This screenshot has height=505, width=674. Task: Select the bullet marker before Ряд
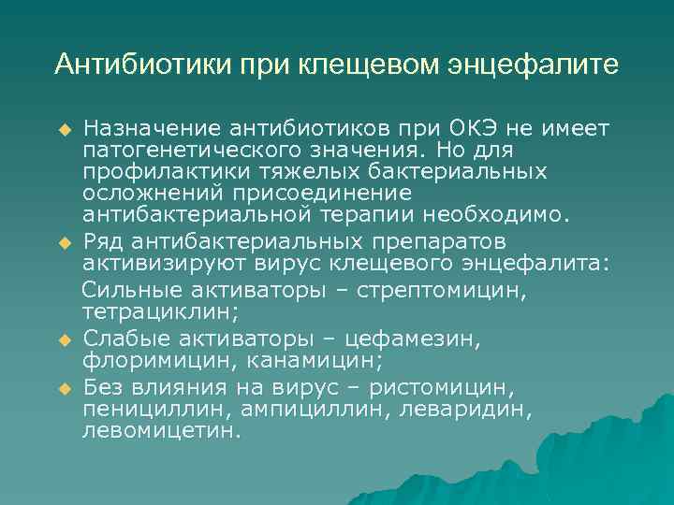65,243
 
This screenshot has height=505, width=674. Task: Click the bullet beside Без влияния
65,387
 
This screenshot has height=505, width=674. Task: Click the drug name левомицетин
161,431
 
